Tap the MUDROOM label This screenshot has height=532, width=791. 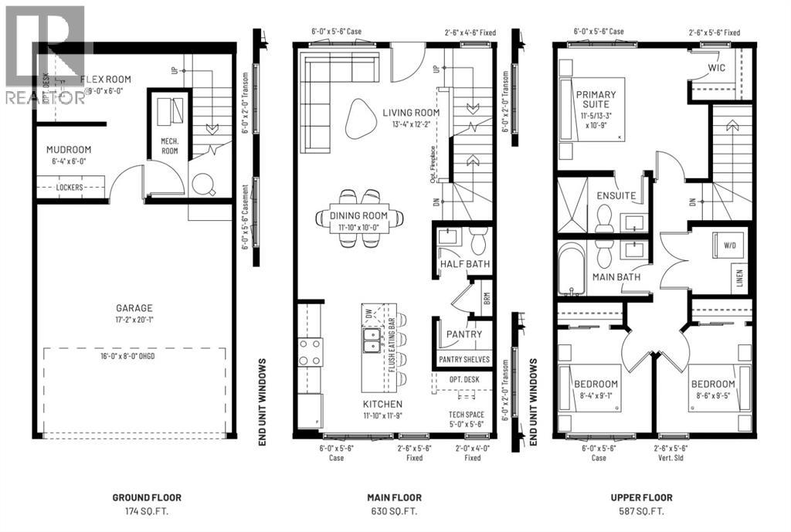(x=69, y=150)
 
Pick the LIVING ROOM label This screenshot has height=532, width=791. (x=411, y=113)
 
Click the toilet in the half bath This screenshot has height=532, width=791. (x=477, y=242)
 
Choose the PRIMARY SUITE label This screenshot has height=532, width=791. (x=597, y=100)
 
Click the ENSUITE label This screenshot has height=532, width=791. (x=615, y=196)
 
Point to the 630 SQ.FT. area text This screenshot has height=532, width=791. (x=395, y=512)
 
